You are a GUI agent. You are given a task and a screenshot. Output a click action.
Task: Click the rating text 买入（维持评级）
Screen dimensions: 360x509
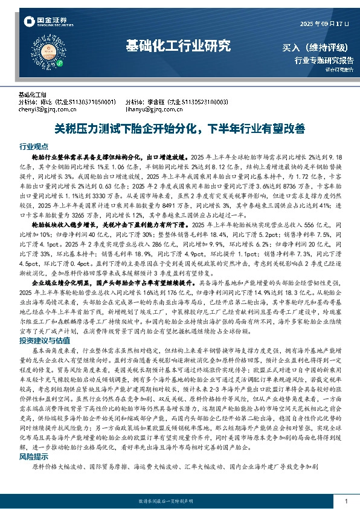pyautogui.click(x=321, y=47)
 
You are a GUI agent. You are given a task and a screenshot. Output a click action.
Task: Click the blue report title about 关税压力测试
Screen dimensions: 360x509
pyautogui.click(x=179, y=128)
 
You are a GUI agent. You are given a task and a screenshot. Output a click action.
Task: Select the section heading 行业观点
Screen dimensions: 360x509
pyautogui.click(x=34, y=146)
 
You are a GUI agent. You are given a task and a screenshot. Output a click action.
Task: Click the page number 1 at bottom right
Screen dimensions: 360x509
pyautogui.click(x=346, y=502)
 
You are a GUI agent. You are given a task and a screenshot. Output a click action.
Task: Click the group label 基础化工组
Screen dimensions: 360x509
pyautogui.click(x=33, y=95)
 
